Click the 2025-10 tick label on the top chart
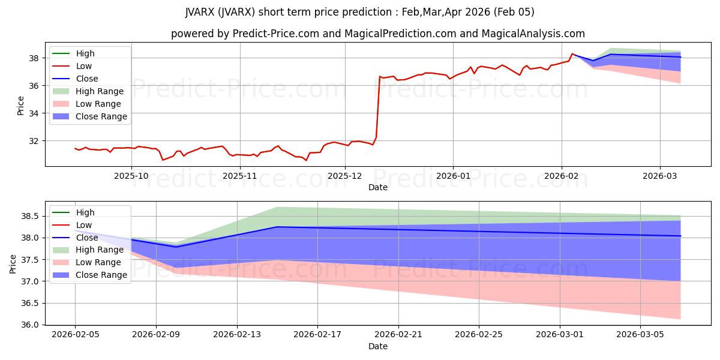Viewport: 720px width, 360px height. click(x=131, y=175)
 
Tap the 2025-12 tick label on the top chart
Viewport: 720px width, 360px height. click(x=345, y=175)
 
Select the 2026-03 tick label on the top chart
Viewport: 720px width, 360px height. click(x=660, y=175)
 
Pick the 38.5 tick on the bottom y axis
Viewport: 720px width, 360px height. click(x=30, y=216)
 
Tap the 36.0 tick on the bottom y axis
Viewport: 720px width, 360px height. click(x=30, y=325)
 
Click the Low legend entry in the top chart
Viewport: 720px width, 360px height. click(x=84, y=66)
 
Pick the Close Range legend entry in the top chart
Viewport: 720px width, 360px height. click(x=101, y=116)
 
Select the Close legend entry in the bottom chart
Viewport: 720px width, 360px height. click(x=86, y=237)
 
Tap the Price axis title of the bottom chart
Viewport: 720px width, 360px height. click(x=13, y=263)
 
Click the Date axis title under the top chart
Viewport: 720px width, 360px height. click(x=378, y=187)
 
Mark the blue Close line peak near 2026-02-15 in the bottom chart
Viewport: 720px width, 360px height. click(x=277, y=227)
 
